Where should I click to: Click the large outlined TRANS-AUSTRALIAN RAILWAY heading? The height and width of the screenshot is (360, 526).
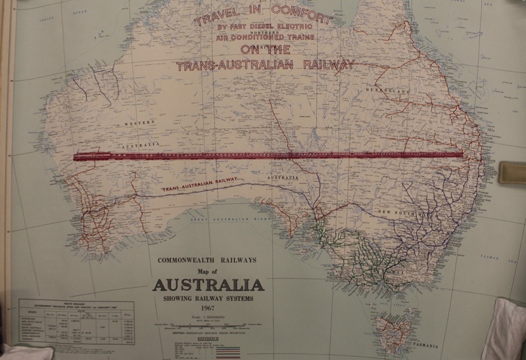coord(267,65)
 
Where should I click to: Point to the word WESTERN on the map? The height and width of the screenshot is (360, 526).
coord(141,123)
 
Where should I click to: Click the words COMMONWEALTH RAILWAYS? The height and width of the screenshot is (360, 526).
coord(208,261)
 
